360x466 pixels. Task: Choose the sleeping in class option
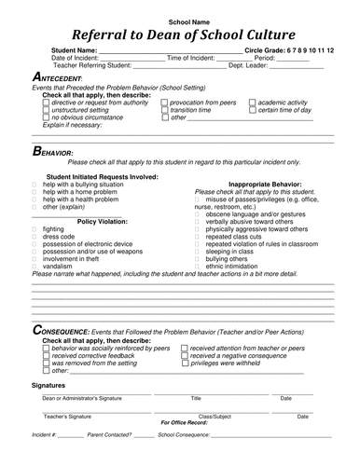[x=199, y=252]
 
